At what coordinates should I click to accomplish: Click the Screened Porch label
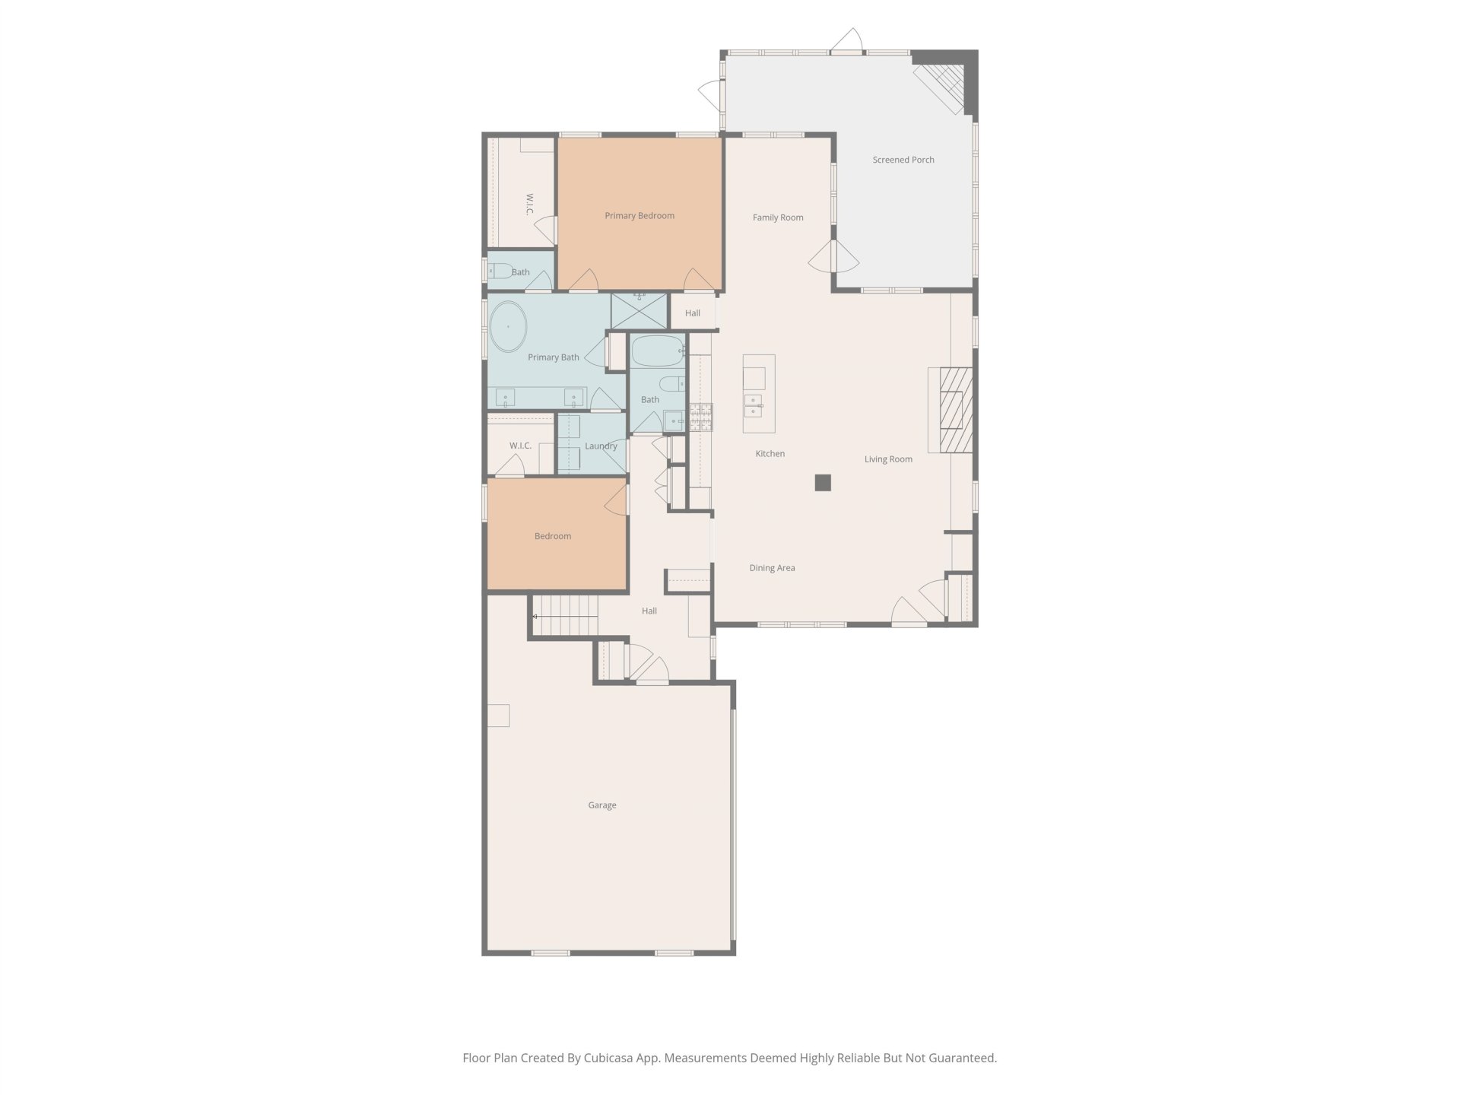click(x=903, y=160)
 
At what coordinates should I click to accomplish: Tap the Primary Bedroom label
click(x=640, y=216)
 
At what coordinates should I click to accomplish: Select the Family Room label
click(x=778, y=217)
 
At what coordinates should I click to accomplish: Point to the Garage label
click(x=602, y=805)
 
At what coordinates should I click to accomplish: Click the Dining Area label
click(x=772, y=568)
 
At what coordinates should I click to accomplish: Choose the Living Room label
click(x=888, y=459)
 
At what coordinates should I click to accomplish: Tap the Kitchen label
click(x=770, y=454)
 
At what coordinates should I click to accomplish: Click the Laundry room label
click(x=601, y=446)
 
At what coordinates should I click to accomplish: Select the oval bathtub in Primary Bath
click(x=507, y=327)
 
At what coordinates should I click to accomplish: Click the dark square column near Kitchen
click(x=823, y=483)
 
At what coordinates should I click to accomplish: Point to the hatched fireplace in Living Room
click(x=957, y=411)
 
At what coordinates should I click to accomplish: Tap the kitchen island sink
click(x=754, y=405)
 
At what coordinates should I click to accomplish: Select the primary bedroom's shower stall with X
click(x=640, y=311)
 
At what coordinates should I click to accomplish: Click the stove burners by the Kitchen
click(x=701, y=417)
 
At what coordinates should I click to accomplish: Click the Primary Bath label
click(x=554, y=357)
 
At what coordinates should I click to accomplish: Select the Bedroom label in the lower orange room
click(x=553, y=536)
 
